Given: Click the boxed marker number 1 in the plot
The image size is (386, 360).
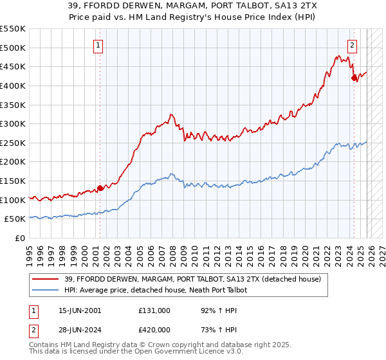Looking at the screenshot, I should (98, 45).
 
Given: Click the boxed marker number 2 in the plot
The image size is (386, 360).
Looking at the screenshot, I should (353, 45).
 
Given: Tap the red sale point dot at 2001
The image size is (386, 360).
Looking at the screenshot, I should (100, 188).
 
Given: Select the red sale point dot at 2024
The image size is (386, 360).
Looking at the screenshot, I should (354, 78).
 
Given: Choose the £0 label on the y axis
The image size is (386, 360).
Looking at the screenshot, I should (21, 239).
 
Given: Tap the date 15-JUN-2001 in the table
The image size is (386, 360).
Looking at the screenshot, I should (80, 310).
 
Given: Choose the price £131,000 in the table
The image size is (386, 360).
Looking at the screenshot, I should (154, 310).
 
